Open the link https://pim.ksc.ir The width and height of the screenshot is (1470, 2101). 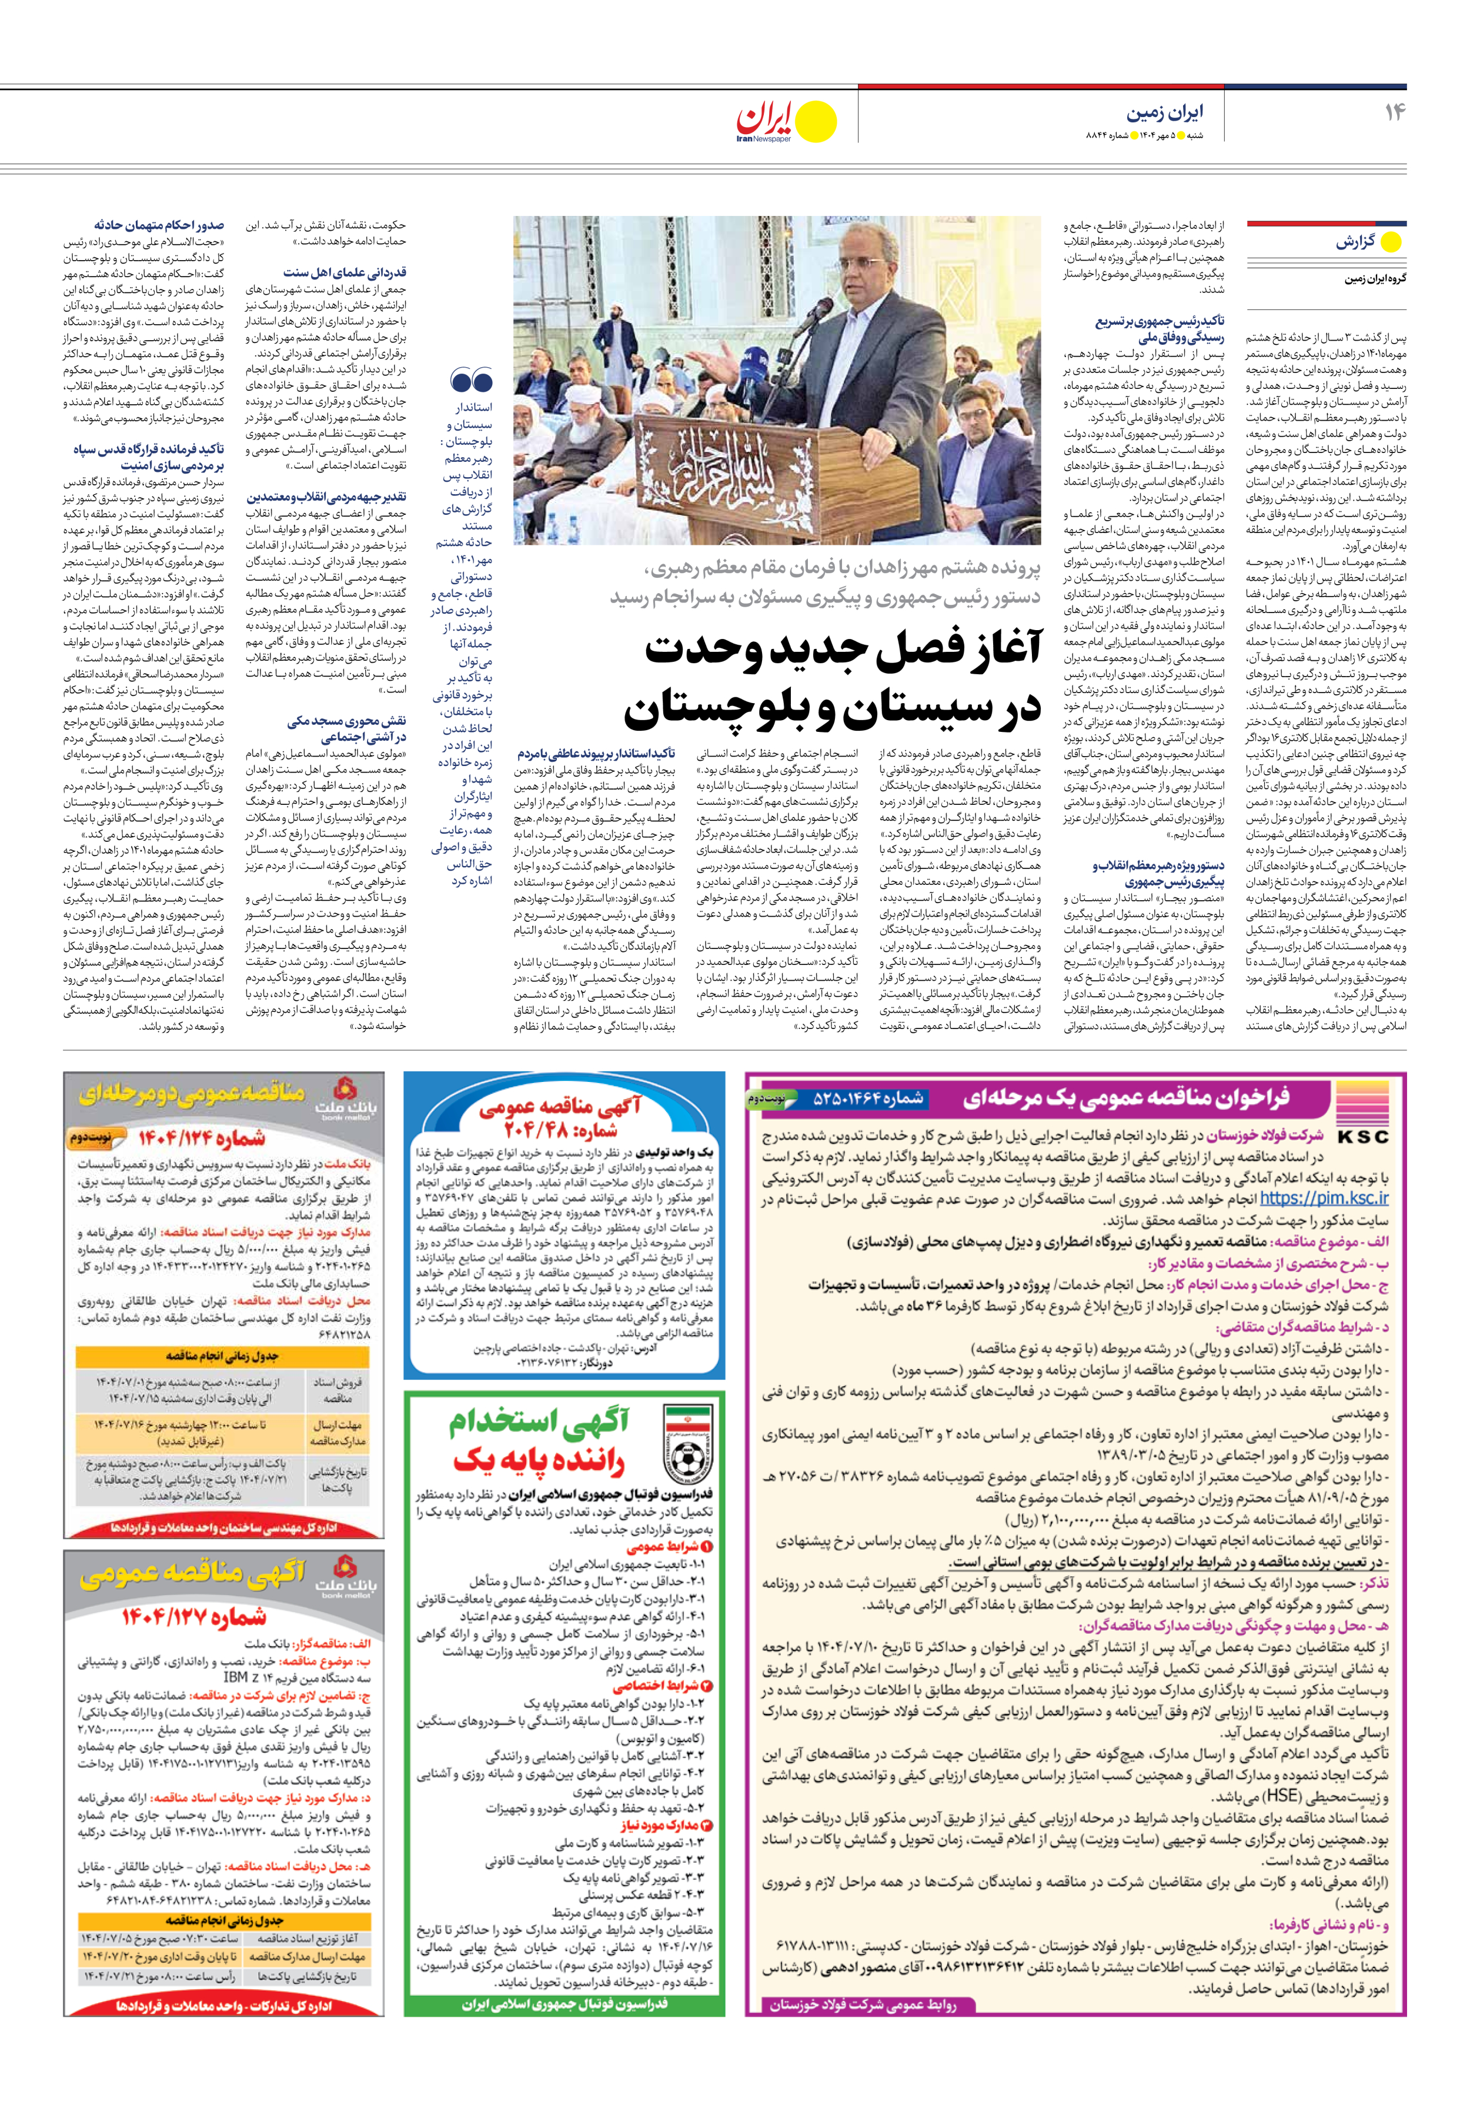coord(1323,1198)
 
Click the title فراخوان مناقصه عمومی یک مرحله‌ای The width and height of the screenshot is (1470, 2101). coord(1125,1098)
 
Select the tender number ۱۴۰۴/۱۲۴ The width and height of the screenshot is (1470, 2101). coord(201,1138)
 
